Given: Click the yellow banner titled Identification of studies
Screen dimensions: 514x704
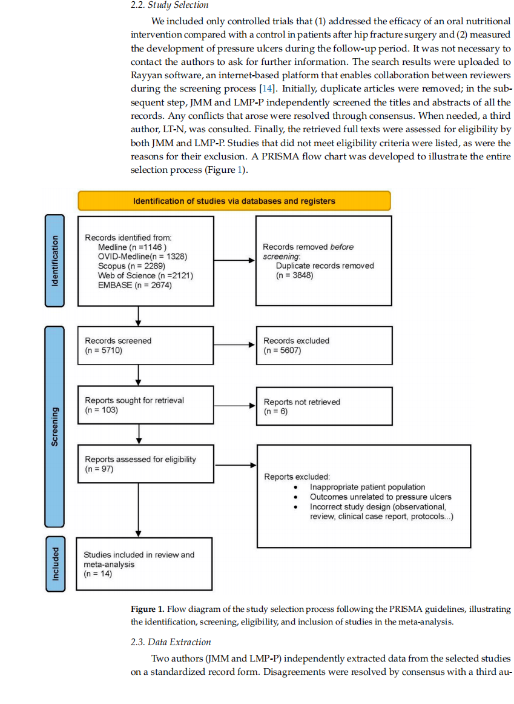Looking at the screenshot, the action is (234, 201).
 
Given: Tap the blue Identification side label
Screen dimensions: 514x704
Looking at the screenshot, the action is (54, 261).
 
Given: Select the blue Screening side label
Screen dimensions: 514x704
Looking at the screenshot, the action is (54, 426).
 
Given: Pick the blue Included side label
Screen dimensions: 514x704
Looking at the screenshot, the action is (55, 564).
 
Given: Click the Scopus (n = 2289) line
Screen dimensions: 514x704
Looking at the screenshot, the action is (131, 266).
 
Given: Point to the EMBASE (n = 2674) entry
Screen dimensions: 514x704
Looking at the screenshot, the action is (134, 285).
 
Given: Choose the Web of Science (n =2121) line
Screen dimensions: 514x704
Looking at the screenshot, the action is (145, 275).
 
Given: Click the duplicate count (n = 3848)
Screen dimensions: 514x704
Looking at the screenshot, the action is (294, 275).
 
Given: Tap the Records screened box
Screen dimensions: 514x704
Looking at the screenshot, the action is (146, 345).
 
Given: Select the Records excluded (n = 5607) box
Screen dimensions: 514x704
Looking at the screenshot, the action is (324, 345).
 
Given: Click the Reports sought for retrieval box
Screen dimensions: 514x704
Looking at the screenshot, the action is (146, 405).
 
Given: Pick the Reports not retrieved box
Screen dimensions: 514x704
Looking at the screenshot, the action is (324, 406).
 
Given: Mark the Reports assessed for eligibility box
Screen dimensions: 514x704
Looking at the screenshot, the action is (146, 464).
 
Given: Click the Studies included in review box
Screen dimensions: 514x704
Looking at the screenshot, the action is (144, 564).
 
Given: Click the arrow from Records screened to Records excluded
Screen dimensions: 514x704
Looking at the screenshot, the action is (234, 345).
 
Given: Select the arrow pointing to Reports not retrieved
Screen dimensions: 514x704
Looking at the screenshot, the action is (234, 406).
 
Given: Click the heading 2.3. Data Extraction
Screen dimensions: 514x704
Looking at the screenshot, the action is (171, 642).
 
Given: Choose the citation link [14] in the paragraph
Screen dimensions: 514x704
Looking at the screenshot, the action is (267, 89).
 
